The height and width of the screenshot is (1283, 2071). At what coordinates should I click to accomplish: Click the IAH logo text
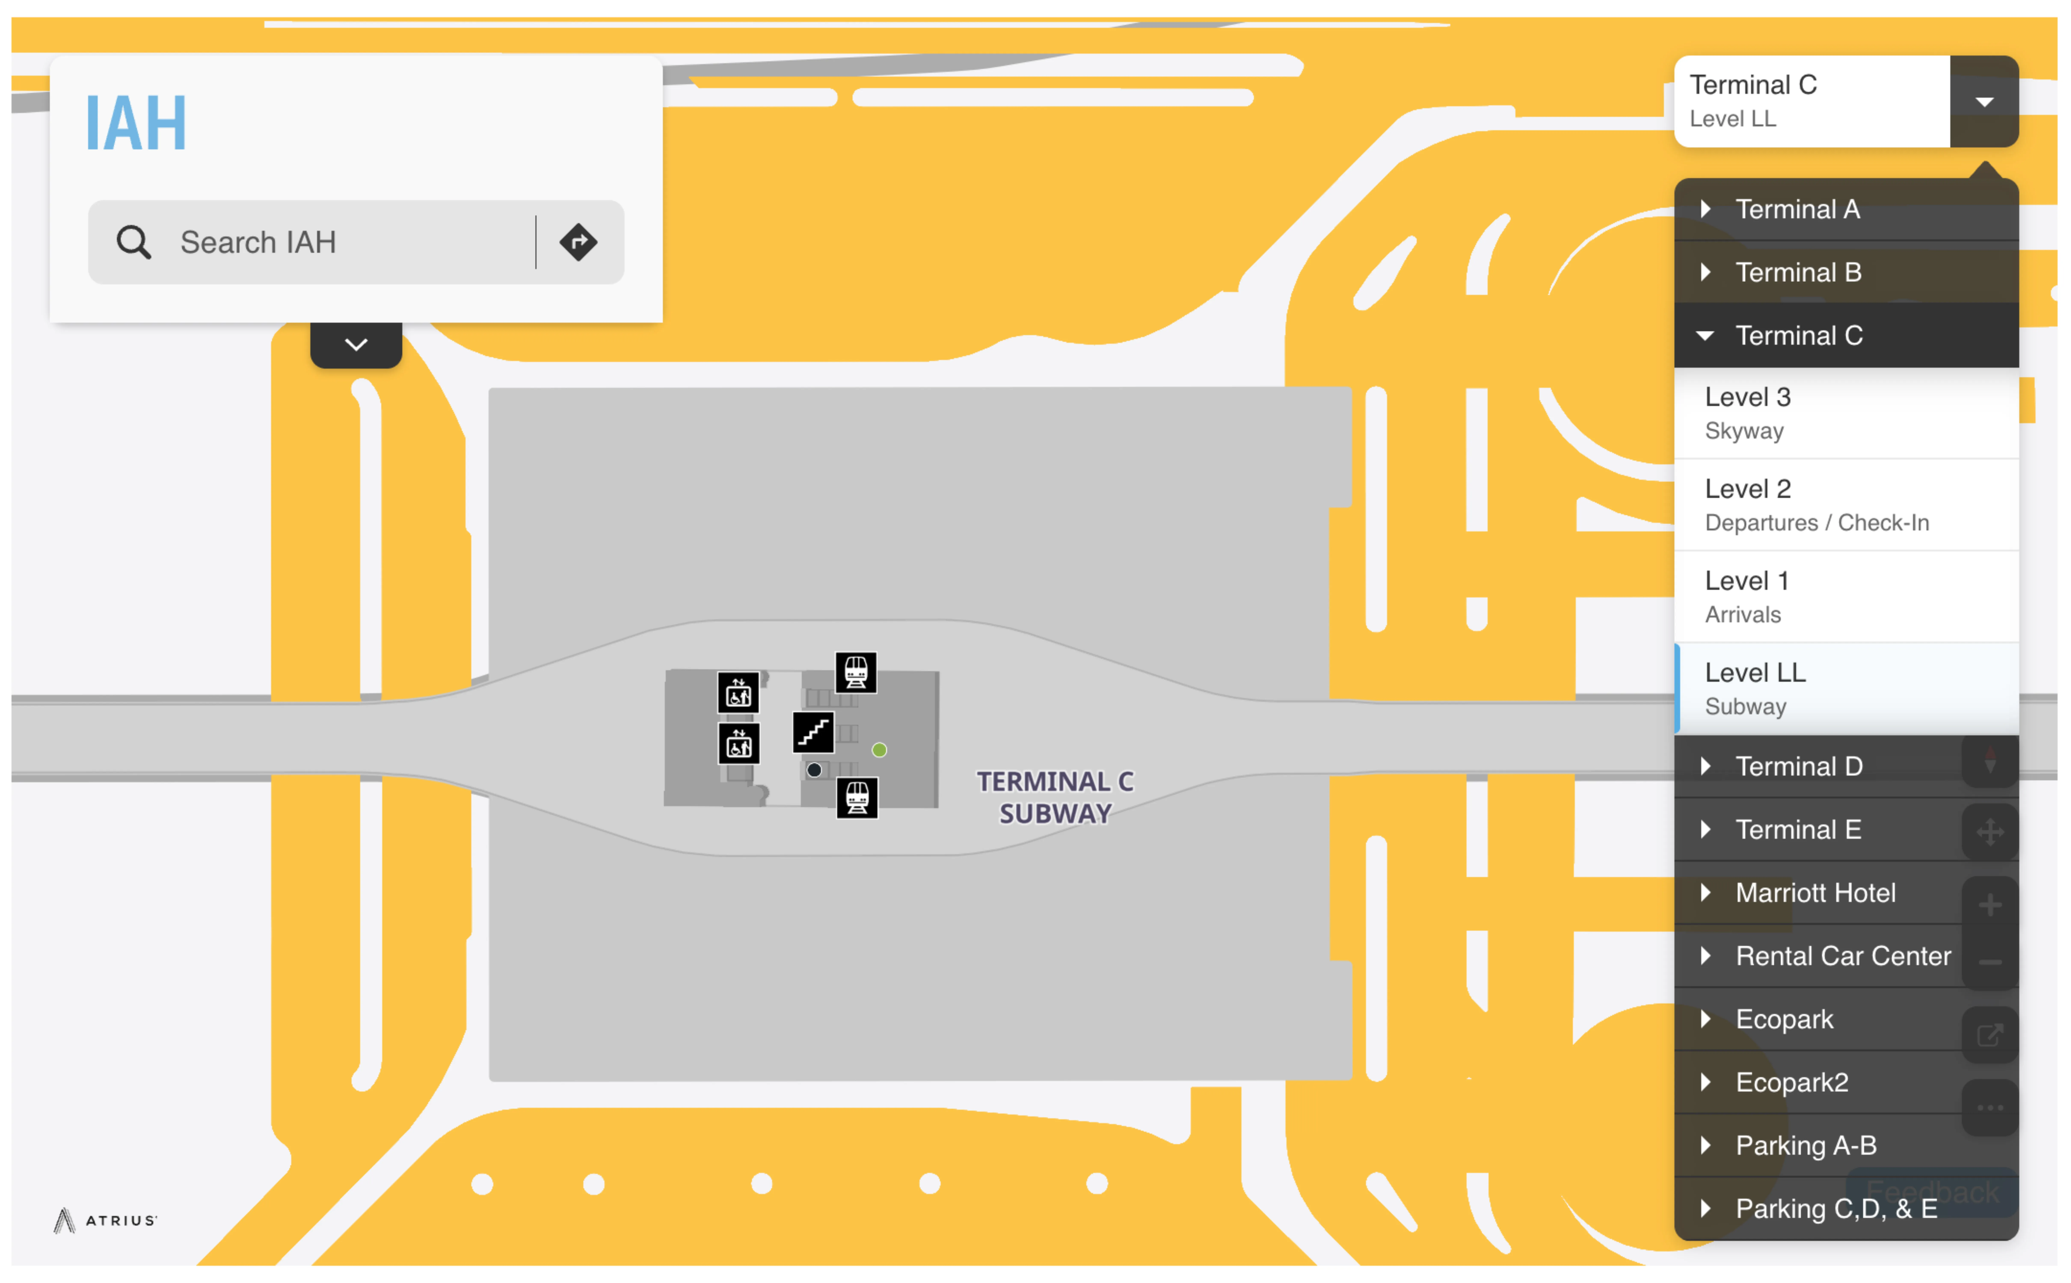[136, 124]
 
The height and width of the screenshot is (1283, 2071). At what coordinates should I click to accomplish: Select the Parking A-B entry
[1805, 1146]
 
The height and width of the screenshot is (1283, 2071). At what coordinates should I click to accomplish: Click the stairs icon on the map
[813, 732]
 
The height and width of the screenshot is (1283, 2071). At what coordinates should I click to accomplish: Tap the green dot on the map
[879, 750]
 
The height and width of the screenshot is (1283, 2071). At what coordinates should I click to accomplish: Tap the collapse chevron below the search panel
[356, 344]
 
